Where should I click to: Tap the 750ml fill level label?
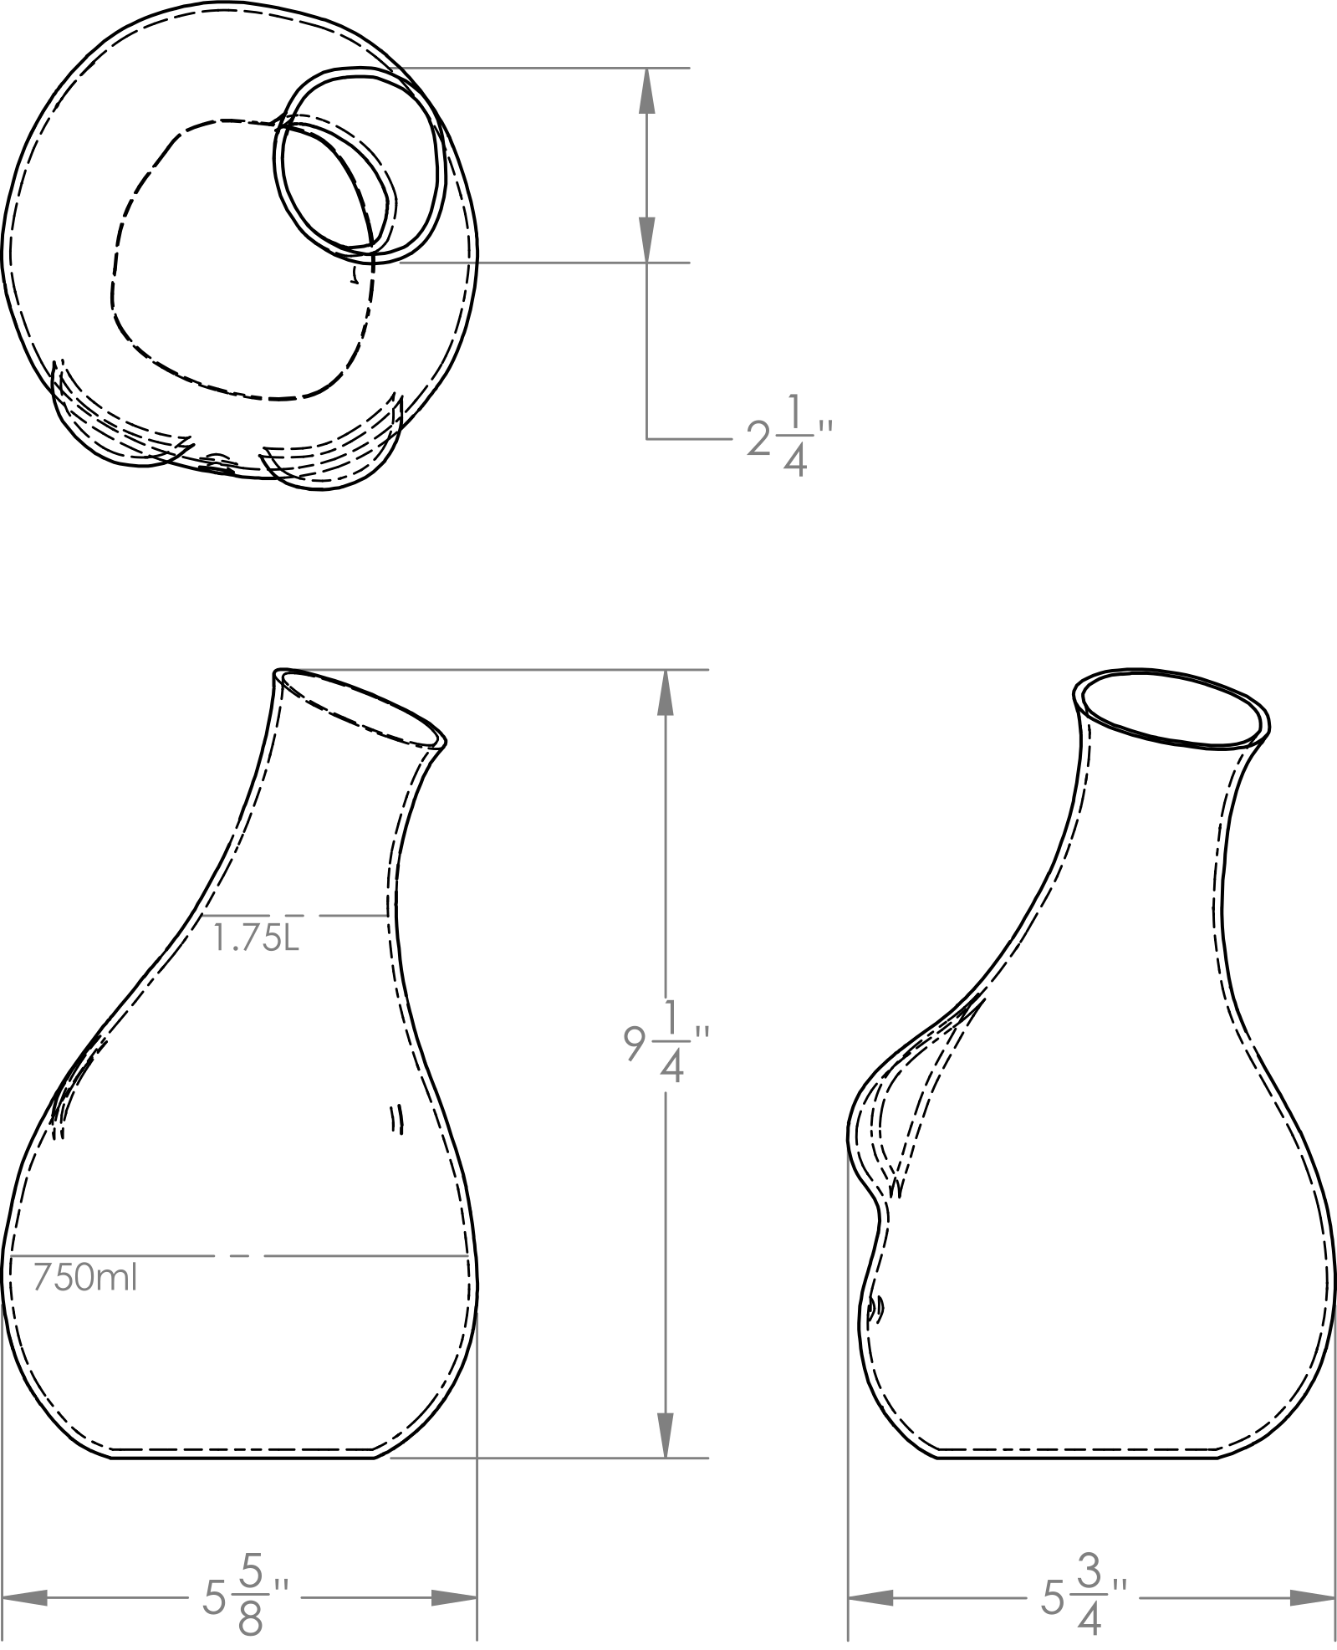pos(84,1278)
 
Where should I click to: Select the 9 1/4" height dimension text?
pos(666,1042)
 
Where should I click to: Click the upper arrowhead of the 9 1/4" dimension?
pos(665,692)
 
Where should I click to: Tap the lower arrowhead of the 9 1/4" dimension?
pos(665,1436)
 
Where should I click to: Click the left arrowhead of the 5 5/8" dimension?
pos(25,1597)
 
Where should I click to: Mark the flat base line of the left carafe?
pos(243,1458)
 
